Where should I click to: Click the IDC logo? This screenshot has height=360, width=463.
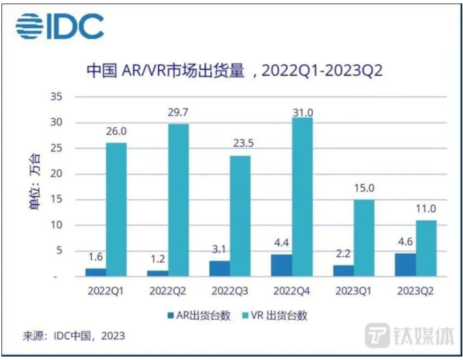pyautogui.click(x=59, y=27)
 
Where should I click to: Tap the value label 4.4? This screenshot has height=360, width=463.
pyautogui.click(x=281, y=244)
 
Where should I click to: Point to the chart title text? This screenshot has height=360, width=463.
pyautogui.click(x=235, y=72)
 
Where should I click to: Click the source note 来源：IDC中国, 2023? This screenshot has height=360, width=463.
pyautogui.click(x=70, y=336)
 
